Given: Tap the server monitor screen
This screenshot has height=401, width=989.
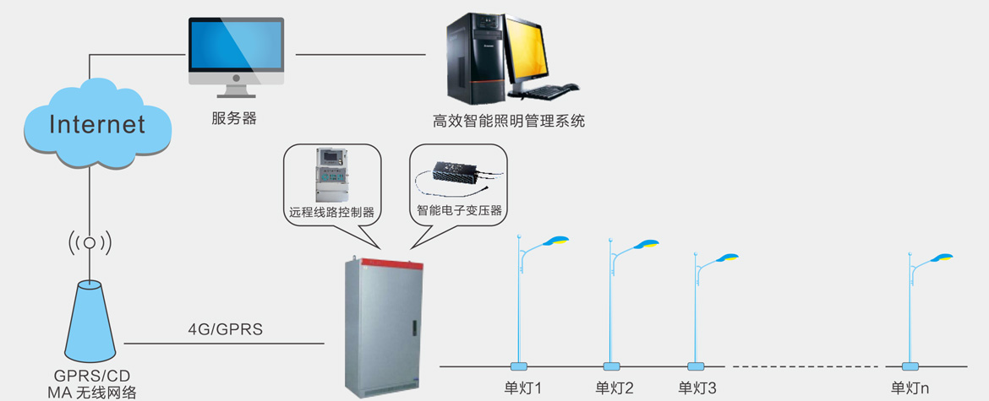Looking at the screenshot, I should (235, 49).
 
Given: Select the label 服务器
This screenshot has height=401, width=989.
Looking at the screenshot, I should (234, 118).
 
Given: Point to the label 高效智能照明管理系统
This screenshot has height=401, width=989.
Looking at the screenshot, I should (509, 121).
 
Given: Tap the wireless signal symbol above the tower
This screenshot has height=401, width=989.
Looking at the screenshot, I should (90, 243).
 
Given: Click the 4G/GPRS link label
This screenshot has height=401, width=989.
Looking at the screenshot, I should (225, 329).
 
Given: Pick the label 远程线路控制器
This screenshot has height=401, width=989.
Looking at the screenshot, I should (331, 211).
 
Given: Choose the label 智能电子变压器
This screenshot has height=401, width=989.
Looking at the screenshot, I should (460, 209).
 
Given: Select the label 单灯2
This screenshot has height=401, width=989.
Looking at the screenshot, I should (615, 388).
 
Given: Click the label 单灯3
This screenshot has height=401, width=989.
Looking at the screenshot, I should (697, 388).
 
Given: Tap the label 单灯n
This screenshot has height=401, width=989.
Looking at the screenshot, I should (910, 388).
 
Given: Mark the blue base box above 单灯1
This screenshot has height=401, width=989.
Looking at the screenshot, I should (519, 366).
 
